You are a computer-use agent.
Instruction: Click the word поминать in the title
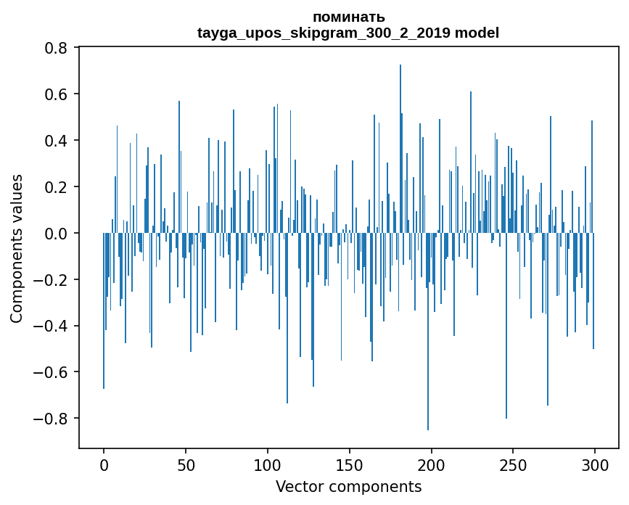click(x=348, y=17)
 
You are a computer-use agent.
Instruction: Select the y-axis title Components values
click(x=17, y=248)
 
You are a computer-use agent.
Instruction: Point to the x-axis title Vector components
click(x=348, y=486)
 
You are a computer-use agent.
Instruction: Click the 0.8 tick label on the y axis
click(x=57, y=48)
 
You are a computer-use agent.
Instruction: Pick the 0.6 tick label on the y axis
click(x=57, y=94)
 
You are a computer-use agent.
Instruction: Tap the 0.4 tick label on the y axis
click(x=57, y=141)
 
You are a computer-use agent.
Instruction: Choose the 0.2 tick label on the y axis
click(x=57, y=187)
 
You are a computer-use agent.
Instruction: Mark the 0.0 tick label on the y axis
click(x=57, y=234)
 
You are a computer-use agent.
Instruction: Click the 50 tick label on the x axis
click(x=186, y=465)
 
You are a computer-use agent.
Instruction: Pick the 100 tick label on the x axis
click(x=268, y=465)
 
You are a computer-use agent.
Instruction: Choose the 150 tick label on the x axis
click(x=350, y=465)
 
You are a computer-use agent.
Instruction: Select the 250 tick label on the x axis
click(x=514, y=465)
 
